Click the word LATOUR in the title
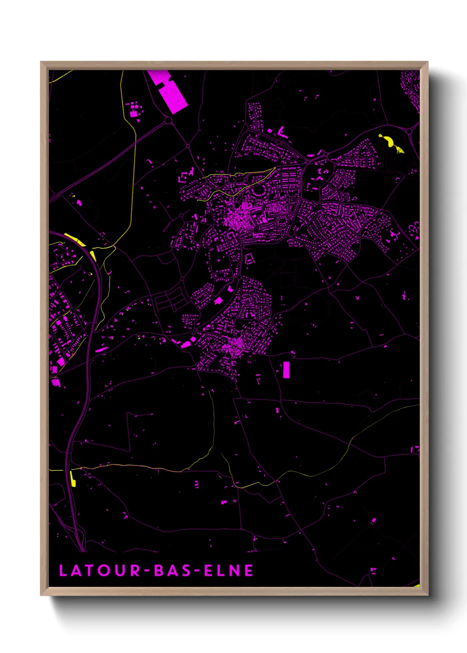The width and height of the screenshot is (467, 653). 100,570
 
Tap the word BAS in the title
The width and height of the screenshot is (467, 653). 173,570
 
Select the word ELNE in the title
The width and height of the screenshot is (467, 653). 229,570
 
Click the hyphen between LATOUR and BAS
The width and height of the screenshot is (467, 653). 147,571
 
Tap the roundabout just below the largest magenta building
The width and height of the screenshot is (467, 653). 168,120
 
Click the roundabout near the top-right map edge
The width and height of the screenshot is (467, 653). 410,131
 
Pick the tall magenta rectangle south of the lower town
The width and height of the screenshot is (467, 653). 286,370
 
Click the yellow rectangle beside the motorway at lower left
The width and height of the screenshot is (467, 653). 73,479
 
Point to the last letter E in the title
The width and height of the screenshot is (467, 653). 249,570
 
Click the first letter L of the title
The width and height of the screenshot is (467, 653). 63,570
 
